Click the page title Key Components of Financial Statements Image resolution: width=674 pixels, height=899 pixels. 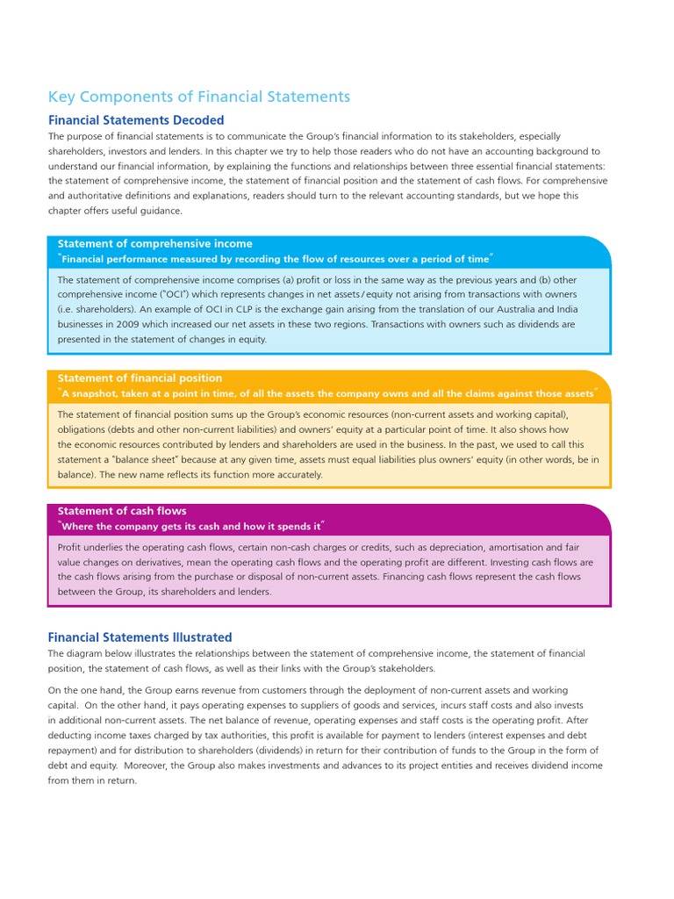(198, 97)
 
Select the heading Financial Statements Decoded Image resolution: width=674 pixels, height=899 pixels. (136, 120)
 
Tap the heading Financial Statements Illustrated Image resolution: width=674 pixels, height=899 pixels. (140, 637)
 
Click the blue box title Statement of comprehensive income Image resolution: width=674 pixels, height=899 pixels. (154, 243)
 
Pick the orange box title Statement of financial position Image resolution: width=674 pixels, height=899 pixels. (140, 378)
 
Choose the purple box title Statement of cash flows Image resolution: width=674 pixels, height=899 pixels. (122, 510)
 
